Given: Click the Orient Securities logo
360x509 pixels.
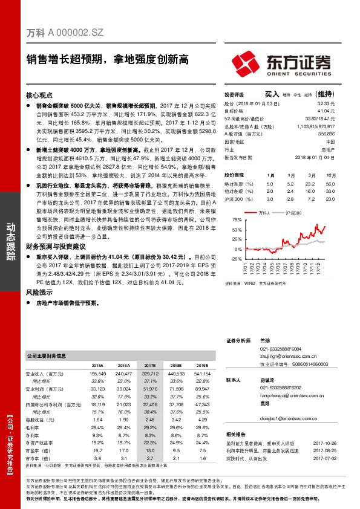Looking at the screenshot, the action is [282, 63].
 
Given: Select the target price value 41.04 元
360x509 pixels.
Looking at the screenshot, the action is [327, 111].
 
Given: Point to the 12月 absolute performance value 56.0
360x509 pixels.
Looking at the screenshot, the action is [329, 183].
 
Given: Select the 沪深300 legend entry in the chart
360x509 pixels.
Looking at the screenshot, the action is [292, 214].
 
